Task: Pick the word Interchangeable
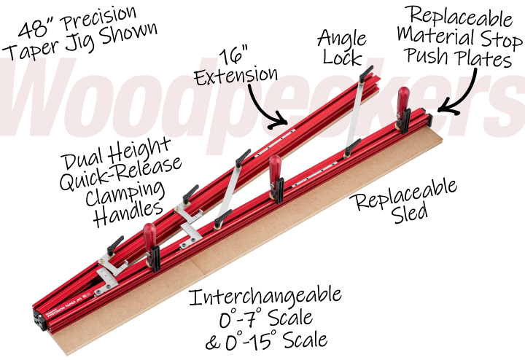(265, 297)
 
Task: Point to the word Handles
(133, 208)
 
